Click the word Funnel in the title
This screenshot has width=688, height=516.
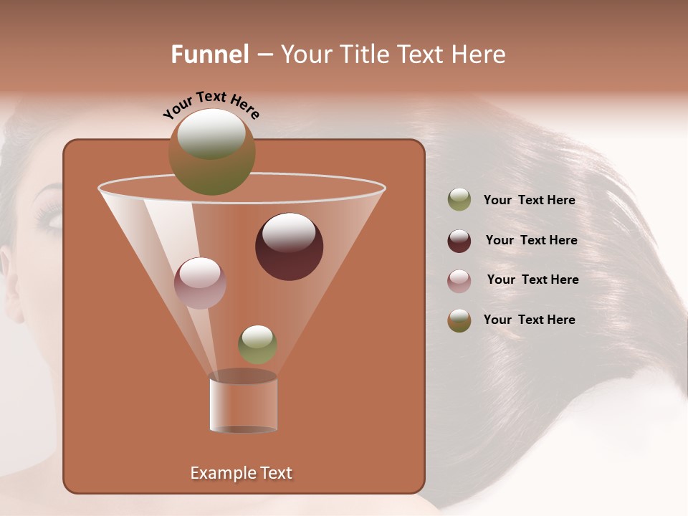tap(209, 54)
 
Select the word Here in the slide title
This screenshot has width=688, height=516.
tap(479, 54)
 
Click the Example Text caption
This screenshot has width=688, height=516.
tap(241, 473)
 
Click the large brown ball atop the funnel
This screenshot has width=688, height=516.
tap(212, 151)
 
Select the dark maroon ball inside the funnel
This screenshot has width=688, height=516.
tap(290, 247)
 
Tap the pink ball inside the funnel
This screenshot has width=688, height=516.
tap(200, 283)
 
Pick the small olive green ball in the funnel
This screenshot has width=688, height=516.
tap(257, 344)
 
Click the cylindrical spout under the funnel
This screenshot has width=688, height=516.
tap(243, 403)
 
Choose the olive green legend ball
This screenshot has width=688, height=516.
tap(459, 200)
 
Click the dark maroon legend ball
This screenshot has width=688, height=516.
tap(459, 240)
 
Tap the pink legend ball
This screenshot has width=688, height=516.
tap(459, 280)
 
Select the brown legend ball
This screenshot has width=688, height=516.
tap(459, 320)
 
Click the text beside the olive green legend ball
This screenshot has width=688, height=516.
tap(529, 201)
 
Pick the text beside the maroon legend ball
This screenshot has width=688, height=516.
tap(531, 240)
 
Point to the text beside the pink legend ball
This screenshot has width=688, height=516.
tap(532, 279)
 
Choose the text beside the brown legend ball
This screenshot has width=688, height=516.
tap(529, 320)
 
